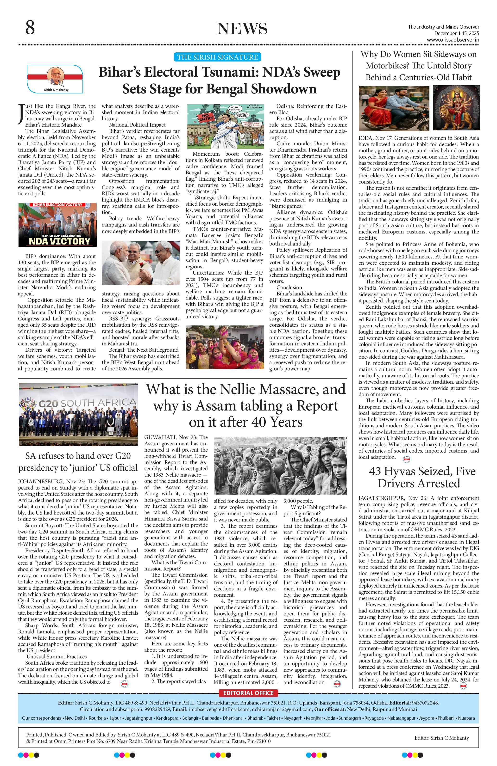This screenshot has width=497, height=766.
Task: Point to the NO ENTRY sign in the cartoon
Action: pos(199,118)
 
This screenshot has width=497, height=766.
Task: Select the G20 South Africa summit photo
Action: pos(78,414)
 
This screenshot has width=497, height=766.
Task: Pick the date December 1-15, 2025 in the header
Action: pos(456,33)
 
